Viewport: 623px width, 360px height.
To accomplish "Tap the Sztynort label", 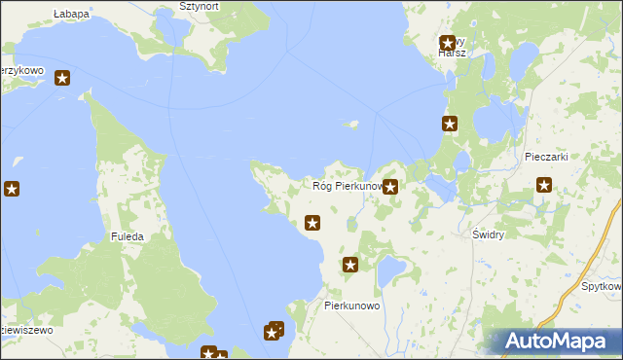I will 200,6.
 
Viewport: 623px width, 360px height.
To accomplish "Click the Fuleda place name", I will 128,236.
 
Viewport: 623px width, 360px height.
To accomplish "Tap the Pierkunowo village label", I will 351,305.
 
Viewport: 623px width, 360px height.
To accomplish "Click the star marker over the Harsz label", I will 448,43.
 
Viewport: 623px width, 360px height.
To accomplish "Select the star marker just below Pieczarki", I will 544,185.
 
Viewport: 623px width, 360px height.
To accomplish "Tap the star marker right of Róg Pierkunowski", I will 390,187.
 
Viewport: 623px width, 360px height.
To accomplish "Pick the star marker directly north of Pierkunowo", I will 350,264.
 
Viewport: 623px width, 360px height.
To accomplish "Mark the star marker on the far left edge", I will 11,189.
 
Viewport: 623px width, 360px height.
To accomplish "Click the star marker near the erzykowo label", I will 62,78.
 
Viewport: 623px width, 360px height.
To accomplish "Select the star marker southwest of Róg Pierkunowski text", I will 311,223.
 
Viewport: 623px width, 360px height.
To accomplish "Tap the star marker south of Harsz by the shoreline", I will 450,124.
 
